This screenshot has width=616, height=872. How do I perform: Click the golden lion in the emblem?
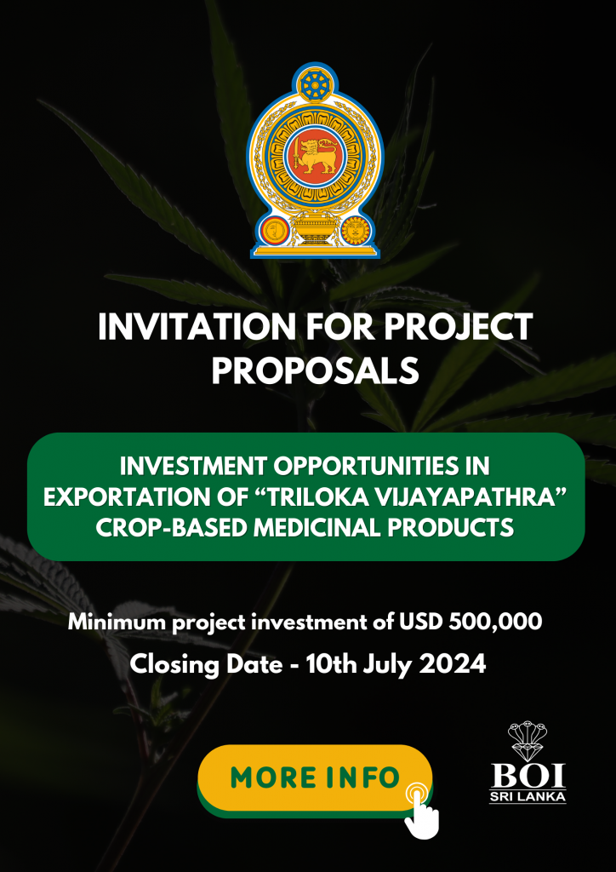click(x=315, y=154)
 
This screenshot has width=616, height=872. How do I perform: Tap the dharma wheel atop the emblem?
click(x=315, y=84)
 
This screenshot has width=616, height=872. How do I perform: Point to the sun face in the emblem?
click(x=355, y=230)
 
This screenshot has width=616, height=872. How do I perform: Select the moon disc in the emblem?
click(x=273, y=230)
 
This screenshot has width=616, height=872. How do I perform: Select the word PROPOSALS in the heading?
click(x=315, y=370)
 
